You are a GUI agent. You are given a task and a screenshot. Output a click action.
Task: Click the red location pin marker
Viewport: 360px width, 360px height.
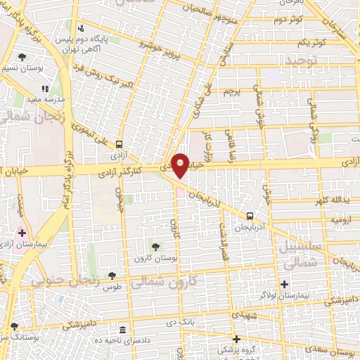180,165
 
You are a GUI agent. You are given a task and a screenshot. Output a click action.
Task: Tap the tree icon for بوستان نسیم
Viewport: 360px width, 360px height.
22,57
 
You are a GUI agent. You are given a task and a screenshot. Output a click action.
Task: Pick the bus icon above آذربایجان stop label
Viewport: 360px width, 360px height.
250,217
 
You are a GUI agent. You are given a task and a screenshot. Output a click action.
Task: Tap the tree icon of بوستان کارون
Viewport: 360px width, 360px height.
156,246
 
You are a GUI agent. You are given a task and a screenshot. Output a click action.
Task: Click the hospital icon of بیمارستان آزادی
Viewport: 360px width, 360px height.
22,232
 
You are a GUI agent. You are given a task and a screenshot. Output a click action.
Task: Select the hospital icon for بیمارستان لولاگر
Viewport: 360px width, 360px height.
284,285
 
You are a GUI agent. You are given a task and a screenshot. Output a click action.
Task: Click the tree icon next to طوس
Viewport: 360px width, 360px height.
111,276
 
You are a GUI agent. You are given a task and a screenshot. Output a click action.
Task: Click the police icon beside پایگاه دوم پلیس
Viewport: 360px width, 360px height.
82,29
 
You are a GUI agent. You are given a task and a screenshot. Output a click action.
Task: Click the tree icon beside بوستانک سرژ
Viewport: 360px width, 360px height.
14,326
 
